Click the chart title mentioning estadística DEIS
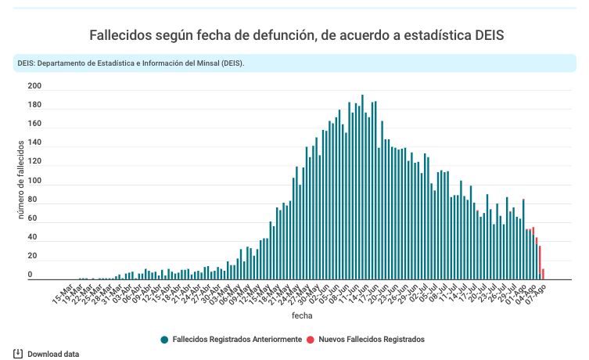(x=296, y=35)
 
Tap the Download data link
(x=53, y=354)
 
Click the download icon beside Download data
(x=18, y=354)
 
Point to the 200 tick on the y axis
(x=34, y=86)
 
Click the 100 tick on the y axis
(x=34, y=181)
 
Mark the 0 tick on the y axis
(x=31, y=275)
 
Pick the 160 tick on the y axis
(x=34, y=124)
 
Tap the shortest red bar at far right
(x=543, y=274)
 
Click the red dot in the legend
(x=311, y=339)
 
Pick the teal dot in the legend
(x=164, y=339)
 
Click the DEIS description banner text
(x=131, y=63)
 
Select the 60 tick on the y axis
(x=33, y=218)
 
